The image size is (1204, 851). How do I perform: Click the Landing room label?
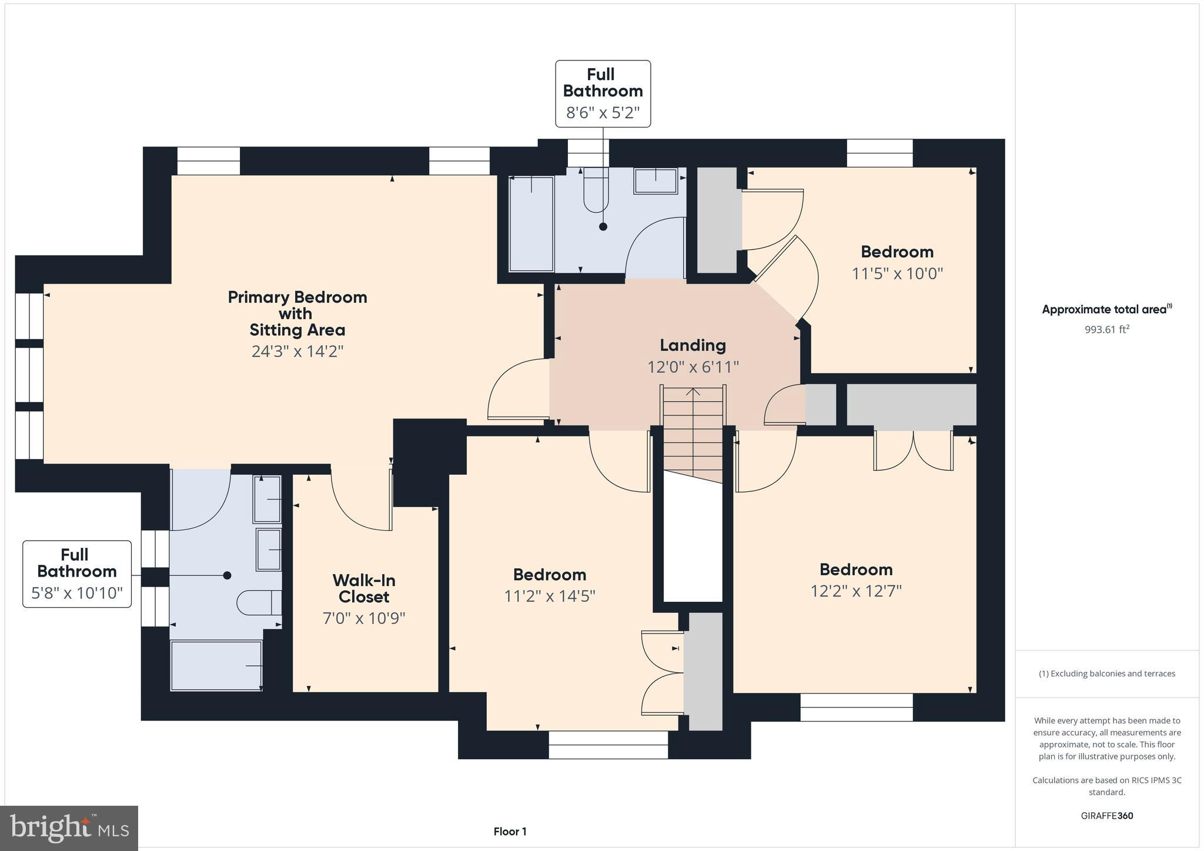click(693, 346)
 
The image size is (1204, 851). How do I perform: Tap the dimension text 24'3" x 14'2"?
click(297, 351)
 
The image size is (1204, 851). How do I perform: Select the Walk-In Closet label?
click(363, 588)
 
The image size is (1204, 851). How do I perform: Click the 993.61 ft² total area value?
click(1106, 330)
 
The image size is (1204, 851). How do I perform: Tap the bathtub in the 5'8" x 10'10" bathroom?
click(216, 665)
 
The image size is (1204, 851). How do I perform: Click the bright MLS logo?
click(69, 828)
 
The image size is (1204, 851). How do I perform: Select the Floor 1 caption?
click(510, 832)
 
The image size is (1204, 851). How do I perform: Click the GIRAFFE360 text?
click(1106, 816)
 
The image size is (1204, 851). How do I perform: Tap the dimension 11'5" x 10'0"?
click(897, 274)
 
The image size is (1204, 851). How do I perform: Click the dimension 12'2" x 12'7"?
click(856, 591)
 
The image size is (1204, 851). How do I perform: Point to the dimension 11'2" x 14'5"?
click(550, 597)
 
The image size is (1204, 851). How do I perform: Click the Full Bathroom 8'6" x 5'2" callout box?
click(603, 93)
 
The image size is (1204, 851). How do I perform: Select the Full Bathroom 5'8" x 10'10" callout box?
click(77, 574)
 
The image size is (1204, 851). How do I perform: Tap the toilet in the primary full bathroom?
click(259, 603)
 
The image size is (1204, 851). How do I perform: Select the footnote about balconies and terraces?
click(1106, 674)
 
